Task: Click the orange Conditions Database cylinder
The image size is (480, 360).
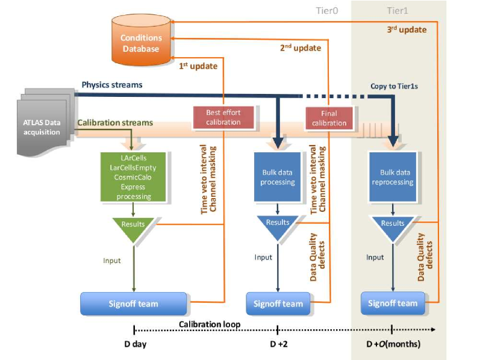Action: click(141, 40)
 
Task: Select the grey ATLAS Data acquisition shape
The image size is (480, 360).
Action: click(45, 122)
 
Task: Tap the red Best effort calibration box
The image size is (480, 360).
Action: click(223, 117)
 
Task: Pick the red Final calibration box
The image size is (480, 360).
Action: click(329, 118)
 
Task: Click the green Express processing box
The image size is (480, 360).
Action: click(133, 177)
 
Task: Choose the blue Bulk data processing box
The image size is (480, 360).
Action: click(278, 177)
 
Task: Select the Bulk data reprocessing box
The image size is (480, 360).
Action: click(393, 177)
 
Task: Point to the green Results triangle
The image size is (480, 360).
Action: click(133, 228)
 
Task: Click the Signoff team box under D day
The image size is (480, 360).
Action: click(134, 303)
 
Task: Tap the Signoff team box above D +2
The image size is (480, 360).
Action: click(278, 303)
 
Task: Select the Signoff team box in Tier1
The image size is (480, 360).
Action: click(393, 303)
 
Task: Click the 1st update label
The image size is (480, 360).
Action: click(198, 66)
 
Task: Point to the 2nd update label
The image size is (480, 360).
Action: click(301, 48)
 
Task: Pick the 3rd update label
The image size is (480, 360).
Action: click(407, 29)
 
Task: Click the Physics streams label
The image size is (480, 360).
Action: click(112, 85)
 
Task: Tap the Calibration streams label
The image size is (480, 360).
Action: click(115, 122)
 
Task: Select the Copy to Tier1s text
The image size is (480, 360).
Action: click(394, 86)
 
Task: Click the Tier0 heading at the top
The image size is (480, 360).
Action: click(327, 11)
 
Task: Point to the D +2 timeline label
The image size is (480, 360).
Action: click(279, 344)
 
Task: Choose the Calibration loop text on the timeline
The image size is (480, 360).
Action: click(210, 324)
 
